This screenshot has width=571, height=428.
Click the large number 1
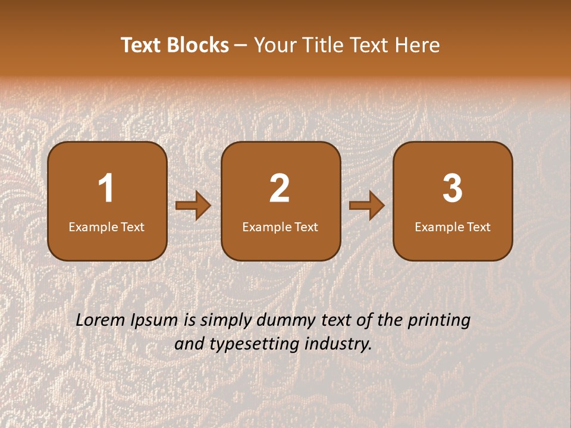tap(106, 188)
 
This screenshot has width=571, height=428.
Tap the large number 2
tap(280, 188)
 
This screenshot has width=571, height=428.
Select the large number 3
tap(453, 188)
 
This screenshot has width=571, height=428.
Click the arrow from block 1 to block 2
tap(193, 206)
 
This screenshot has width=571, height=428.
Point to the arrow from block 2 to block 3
tap(367, 206)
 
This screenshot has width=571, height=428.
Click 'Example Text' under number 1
tap(106, 226)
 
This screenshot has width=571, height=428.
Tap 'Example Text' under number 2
tap(280, 226)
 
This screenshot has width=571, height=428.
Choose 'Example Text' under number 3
tap(453, 226)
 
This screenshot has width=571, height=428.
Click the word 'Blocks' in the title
tap(197, 45)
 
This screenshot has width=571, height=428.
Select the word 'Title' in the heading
tap(325, 45)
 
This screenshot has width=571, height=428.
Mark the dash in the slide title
tap(241, 46)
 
